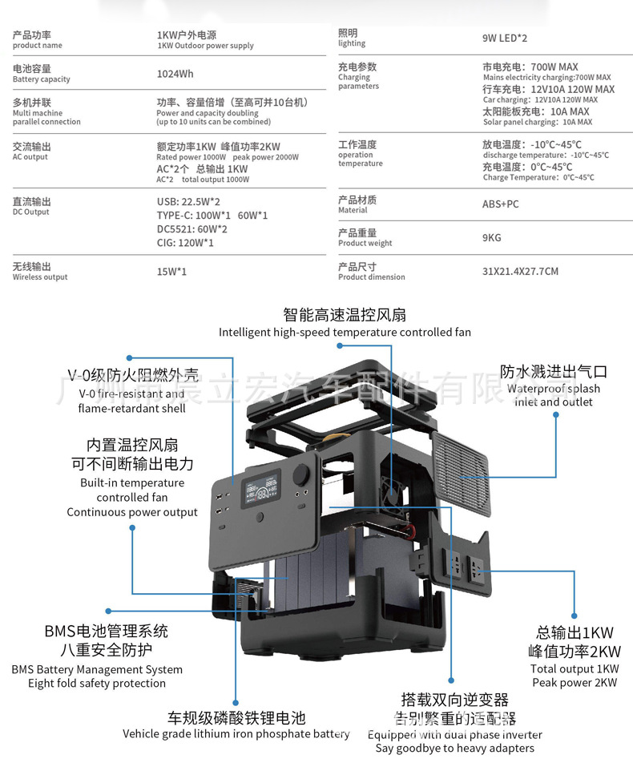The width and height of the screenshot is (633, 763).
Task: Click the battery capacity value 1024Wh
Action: [175, 74]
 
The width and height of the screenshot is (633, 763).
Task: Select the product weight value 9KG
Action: [491, 237]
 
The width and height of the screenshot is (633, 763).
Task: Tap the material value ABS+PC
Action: [500, 204]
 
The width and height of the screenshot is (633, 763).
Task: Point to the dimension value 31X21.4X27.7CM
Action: [520, 271]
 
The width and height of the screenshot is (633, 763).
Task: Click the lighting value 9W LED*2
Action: [505, 38]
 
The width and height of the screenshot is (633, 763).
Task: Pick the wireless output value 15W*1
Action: [171, 272]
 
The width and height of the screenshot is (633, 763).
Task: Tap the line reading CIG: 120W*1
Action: [185, 243]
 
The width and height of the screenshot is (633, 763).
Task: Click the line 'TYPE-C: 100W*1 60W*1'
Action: [212, 216]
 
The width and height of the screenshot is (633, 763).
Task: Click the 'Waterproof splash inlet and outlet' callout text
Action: [554, 395]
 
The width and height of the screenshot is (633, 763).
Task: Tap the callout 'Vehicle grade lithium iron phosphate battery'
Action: [236, 733]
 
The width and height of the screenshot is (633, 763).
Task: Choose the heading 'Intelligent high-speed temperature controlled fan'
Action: [345, 332]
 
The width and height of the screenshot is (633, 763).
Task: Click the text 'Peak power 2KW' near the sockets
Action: [575, 683]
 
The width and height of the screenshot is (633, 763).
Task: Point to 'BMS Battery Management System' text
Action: [97, 669]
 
